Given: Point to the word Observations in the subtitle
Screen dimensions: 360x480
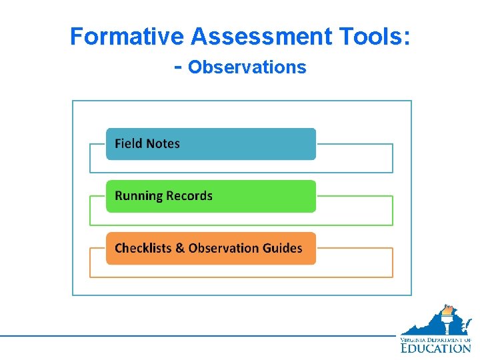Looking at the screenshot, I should point(247,67).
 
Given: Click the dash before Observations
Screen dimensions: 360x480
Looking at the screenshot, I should point(177,67).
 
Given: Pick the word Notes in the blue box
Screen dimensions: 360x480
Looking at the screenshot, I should point(163,144).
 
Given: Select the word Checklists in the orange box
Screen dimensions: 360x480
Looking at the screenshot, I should point(143,248).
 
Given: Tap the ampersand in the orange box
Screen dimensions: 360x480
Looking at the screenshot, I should point(179,248).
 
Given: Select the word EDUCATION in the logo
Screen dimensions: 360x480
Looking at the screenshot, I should point(436,347).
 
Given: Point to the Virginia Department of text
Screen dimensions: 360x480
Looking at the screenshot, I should point(436,339).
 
